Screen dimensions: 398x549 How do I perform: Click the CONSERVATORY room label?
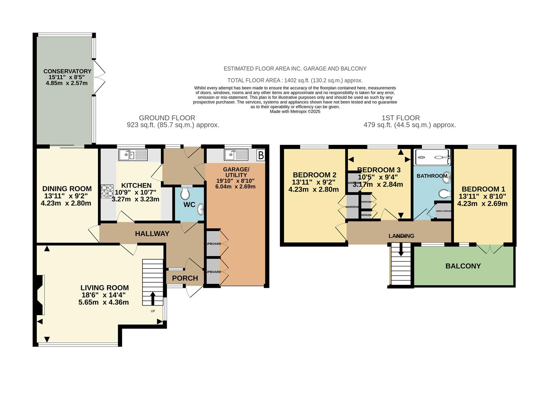coord(67,71)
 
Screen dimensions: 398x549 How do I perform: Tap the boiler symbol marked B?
coord(261,156)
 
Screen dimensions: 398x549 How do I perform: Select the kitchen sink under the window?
coord(133,155)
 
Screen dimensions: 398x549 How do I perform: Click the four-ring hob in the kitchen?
coord(107,191)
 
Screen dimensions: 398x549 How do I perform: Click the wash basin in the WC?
coord(201,209)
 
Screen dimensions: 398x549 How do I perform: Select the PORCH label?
coord(185,278)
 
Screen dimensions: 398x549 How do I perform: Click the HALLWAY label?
coord(152,234)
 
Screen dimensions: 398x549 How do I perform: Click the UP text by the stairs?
coord(153,311)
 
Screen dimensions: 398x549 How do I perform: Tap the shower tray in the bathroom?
coord(432,157)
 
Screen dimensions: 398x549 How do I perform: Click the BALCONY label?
coord(463,266)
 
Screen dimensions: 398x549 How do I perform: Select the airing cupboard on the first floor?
coord(443,211)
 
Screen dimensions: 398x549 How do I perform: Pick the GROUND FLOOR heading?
coord(167,118)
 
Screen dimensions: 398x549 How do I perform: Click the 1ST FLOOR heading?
coord(401,118)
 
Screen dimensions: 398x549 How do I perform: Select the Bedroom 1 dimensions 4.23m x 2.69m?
coord(482,204)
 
